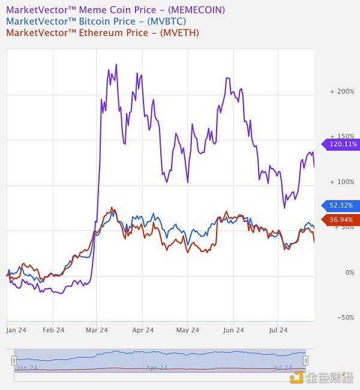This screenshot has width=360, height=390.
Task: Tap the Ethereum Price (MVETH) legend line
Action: [102, 32]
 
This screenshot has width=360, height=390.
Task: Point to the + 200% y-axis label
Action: [342, 91]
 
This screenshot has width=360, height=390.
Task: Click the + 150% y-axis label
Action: [342, 136]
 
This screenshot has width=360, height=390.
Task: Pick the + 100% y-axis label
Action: [342, 182]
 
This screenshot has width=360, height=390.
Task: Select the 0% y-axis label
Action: [350, 272]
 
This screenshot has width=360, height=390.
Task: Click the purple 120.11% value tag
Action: [342, 144]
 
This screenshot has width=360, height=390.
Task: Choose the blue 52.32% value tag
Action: [342, 205]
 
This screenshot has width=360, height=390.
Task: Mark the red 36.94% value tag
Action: [342, 220]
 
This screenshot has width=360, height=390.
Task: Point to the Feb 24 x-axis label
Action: [53, 330]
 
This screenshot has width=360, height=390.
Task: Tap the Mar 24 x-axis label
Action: [97, 330]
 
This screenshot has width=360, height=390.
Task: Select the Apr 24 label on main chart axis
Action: [142, 330]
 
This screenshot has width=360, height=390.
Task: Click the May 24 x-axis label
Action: [188, 330]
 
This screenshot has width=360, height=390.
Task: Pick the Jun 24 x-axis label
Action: [233, 330]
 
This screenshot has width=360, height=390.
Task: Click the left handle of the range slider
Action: [14, 360]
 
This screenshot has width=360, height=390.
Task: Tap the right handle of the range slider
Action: [305, 360]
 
